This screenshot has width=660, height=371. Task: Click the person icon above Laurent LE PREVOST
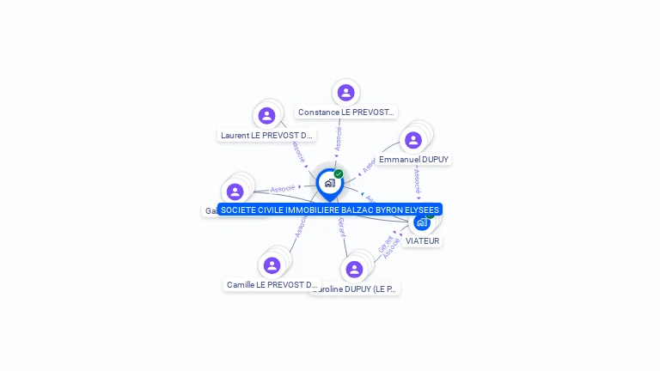click(x=266, y=115)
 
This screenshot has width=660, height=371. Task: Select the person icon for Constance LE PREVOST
click(x=345, y=93)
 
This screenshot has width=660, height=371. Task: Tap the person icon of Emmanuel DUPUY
click(x=413, y=140)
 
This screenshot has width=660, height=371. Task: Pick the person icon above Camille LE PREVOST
click(x=272, y=265)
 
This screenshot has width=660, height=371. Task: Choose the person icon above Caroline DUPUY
click(x=354, y=270)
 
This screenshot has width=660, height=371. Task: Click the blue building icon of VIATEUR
click(x=422, y=222)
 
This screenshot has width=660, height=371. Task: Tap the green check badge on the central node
click(x=339, y=174)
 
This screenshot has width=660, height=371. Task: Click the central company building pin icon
click(x=329, y=183)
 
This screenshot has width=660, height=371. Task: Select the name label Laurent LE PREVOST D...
click(x=267, y=135)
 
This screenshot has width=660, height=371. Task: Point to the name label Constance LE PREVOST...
click(x=345, y=113)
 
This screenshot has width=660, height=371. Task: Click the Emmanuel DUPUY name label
click(x=413, y=160)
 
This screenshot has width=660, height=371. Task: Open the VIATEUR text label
click(x=422, y=241)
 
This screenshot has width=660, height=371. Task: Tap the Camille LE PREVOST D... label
click(x=272, y=284)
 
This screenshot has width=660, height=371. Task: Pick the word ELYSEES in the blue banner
click(x=421, y=210)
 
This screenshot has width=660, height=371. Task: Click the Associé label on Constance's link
click(x=339, y=140)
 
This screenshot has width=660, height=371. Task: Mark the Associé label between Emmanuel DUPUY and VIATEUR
click(x=418, y=182)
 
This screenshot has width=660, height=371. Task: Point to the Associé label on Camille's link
click(x=301, y=226)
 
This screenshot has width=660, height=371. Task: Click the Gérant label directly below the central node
click(x=341, y=227)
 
